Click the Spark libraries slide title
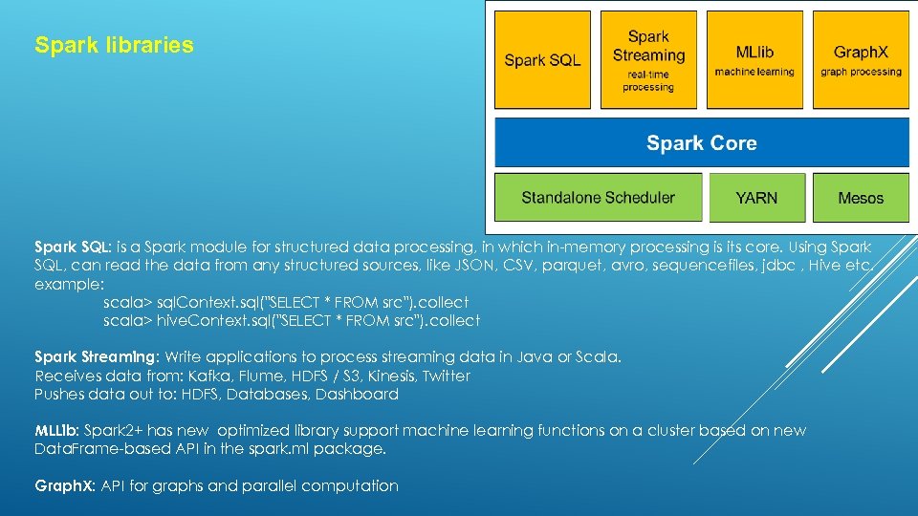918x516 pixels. pyautogui.click(x=114, y=45)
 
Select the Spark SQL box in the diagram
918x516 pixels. pyautogui.click(x=542, y=59)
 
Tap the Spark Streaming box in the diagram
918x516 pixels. pyautogui.click(x=648, y=59)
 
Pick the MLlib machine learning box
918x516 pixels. pyautogui.click(x=754, y=59)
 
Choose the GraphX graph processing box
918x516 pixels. pyautogui.click(x=861, y=59)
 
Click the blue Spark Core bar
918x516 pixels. pyautogui.click(x=701, y=143)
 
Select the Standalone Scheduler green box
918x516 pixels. pyautogui.click(x=598, y=198)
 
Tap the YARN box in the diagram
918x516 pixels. pyautogui.click(x=756, y=198)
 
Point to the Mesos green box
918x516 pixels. pyautogui.click(x=861, y=198)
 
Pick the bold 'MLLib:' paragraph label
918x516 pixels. pyautogui.click(x=56, y=431)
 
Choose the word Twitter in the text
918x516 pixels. pyautogui.click(x=447, y=376)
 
